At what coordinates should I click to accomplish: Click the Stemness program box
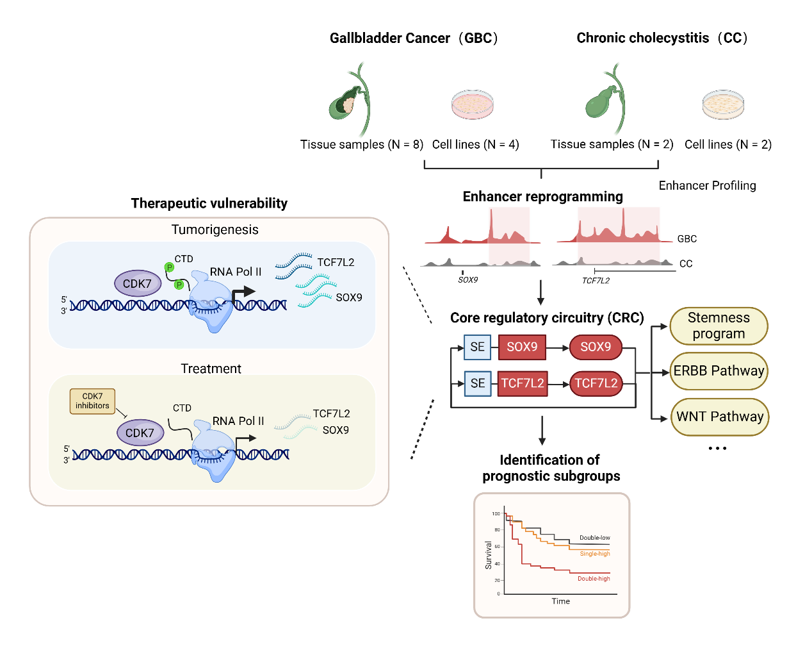click(719, 326)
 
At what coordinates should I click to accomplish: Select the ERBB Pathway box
click(719, 371)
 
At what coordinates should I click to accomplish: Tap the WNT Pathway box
click(720, 417)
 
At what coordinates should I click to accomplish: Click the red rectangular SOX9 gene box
click(522, 347)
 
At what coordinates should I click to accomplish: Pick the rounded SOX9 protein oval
click(596, 347)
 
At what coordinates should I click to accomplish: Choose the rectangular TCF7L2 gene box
click(522, 383)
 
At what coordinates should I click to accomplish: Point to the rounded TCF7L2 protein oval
click(596, 383)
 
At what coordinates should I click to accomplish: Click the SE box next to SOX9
click(478, 347)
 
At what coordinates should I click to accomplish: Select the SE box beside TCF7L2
click(478, 383)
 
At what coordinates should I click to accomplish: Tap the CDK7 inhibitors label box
click(92, 401)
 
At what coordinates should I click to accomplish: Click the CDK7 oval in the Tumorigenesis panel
click(137, 283)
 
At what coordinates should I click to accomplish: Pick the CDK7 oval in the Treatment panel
click(140, 433)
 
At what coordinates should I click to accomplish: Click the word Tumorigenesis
click(215, 229)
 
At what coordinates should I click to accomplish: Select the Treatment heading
click(211, 369)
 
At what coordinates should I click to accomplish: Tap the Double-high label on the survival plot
click(594, 579)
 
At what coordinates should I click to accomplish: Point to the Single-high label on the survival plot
click(595, 554)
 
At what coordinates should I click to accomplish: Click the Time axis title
click(561, 601)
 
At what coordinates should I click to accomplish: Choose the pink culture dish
click(473, 104)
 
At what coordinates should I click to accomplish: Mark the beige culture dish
click(724, 104)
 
